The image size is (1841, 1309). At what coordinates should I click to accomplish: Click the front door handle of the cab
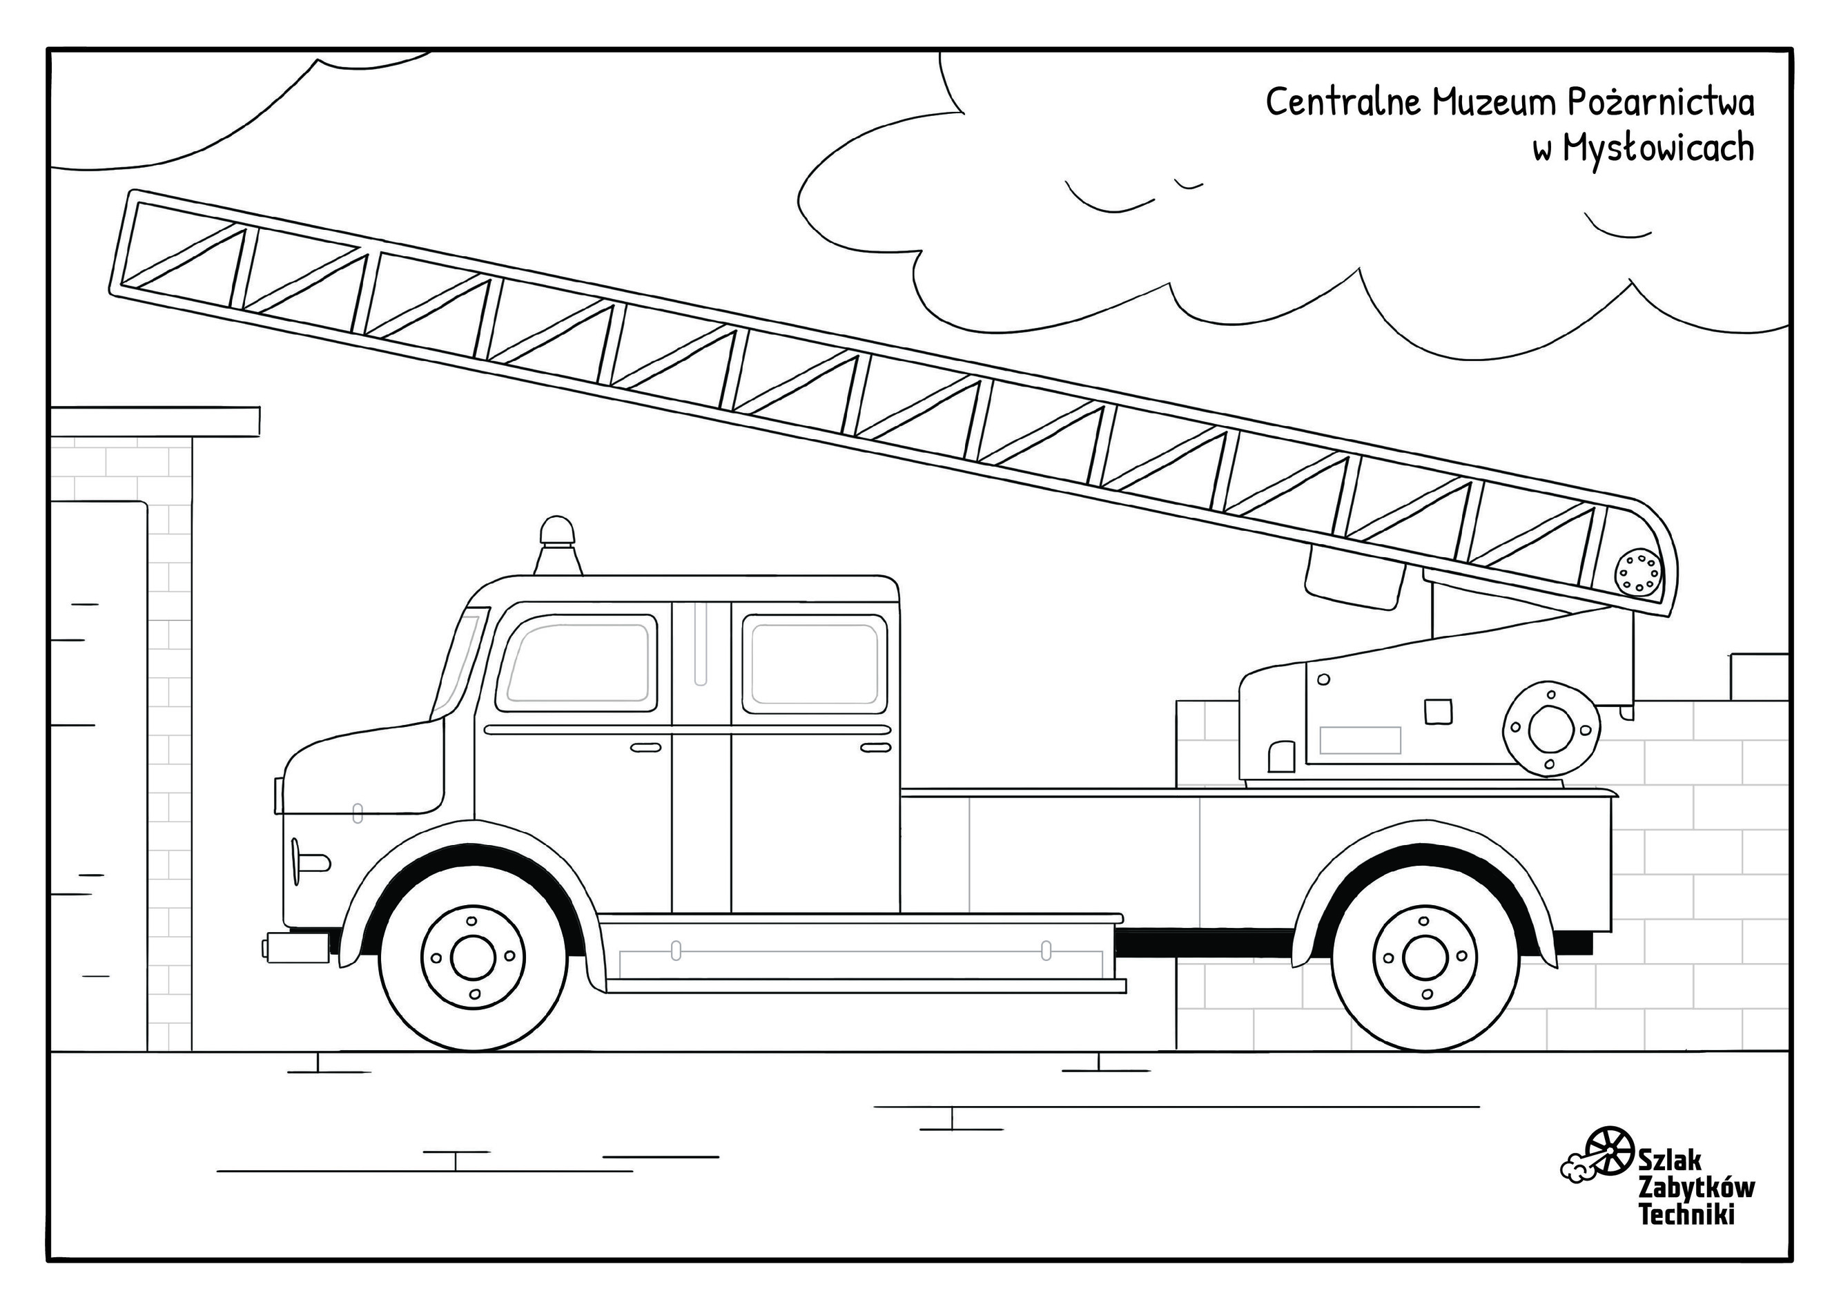click(x=645, y=748)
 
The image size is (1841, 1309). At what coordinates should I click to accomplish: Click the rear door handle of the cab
click(x=876, y=748)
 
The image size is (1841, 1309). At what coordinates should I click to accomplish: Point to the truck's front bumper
click(x=297, y=947)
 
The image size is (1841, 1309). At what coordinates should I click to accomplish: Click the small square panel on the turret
click(x=1437, y=711)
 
